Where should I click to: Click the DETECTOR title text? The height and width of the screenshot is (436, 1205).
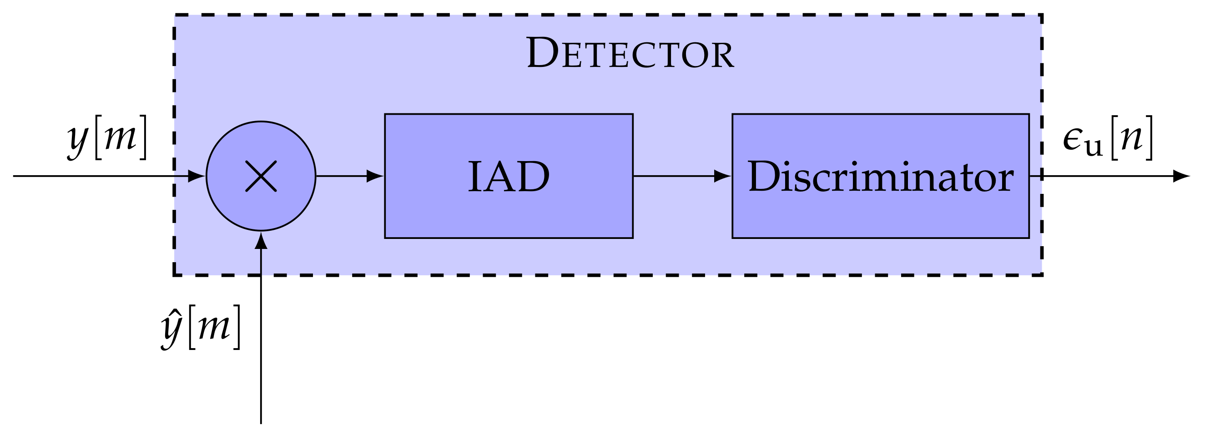click(630, 53)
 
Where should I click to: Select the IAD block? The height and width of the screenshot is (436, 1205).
click(509, 176)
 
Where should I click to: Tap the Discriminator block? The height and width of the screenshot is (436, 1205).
click(880, 176)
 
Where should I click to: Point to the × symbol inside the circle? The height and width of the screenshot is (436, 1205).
click(261, 176)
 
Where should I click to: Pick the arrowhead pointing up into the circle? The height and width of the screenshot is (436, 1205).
click(261, 240)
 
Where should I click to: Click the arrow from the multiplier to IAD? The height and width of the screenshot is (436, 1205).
click(349, 176)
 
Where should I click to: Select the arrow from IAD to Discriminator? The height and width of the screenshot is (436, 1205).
click(681, 176)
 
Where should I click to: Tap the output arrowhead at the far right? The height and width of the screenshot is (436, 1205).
click(1181, 176)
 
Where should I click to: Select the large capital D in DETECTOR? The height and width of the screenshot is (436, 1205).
click(543, 52)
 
